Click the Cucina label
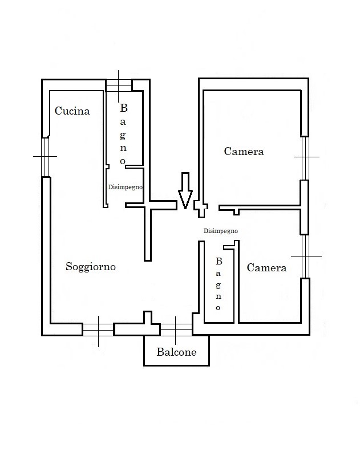(x=72, y=111)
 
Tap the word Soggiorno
(x=91, y=266)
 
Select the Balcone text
(x=176, y=352)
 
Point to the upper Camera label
(x=244, y=152)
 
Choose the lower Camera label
(x=266, y=268)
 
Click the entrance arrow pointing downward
(x=184, y=190)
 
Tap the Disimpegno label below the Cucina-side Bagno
(x=126, y=186)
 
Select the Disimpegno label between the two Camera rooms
(x=220, y=231)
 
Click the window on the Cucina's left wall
(x=46, y=156)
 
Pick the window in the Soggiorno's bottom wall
(x=98, y=329)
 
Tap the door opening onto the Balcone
(x=176, y=329)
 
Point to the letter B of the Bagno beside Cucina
(x=123, y=108)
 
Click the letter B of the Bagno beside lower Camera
(x=218, y=262)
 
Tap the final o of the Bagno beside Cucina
(x=123, y=161)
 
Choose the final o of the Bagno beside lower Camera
(x=219, y=308)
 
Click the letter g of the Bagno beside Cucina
(x=123, y=135)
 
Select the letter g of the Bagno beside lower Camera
(x=218, y=285)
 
